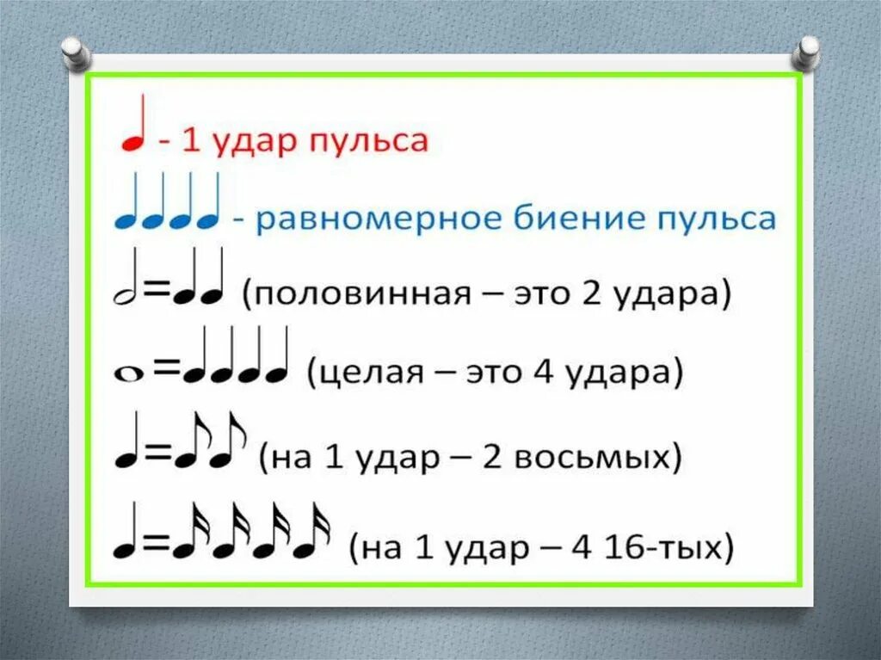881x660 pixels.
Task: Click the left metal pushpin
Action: pyautogui.click(x=76, y=51)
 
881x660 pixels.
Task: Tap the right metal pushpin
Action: pyautogui.click(x=807, y=51)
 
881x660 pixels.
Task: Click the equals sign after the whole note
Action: pyautogui.click(x=165, y=370)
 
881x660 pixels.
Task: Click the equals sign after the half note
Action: pyautogui.click(x=155, y=293)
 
